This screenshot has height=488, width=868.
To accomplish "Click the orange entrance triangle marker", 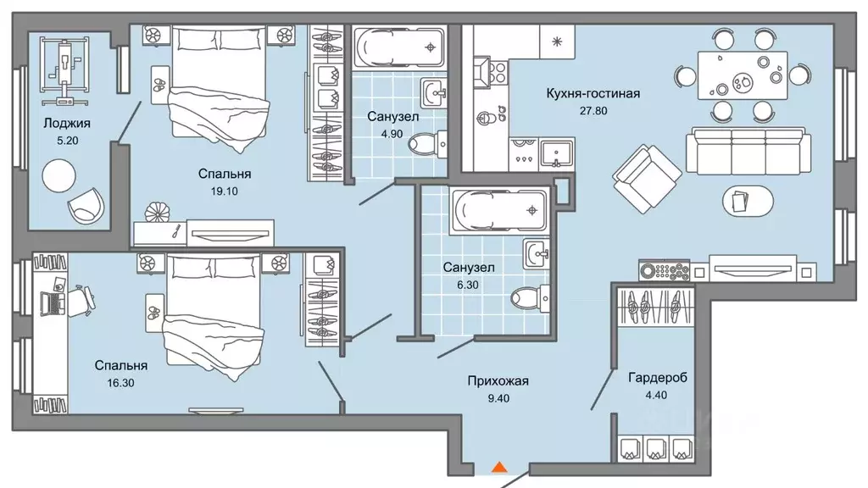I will pos(499,466).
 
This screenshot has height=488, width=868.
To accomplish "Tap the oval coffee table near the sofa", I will pos(748,202).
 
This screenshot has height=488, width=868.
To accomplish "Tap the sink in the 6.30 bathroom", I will pos(537,252).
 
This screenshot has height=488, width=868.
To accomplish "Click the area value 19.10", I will pos(225,191).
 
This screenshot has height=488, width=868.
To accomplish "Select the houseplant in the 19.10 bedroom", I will pos(158,210).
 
